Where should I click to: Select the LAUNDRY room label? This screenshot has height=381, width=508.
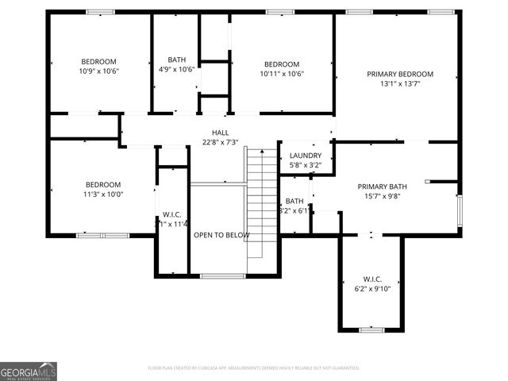click(x=306, y=156)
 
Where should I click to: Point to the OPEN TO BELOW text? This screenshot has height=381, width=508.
click(x=222, y=235)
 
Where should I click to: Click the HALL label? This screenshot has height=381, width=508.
click(x=220, y=133)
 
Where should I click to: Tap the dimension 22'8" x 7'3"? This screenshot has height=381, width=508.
click(x=220, y=143)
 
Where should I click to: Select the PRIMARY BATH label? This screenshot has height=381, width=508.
click(x=381, y=187)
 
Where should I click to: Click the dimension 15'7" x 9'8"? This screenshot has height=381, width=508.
click(x=381, y=197)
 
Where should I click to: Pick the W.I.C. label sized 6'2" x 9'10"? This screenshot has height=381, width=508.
click(x=372, y=279)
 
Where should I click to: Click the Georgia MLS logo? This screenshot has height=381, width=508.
click(x=29, y=371)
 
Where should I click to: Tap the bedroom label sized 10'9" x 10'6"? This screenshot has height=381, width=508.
click(x=99, y=61)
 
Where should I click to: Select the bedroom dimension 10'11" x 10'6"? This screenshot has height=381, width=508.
click(x=282, y=74)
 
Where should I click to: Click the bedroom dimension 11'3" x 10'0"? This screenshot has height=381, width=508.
click(x=103, y=194)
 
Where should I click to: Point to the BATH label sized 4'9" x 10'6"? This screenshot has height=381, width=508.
click(x=176, y=60)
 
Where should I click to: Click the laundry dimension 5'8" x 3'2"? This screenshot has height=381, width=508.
click(x=306, y=165)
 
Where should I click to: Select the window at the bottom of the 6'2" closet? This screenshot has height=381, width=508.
click(x=371, y=329)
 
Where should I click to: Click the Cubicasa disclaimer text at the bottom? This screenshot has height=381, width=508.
click(x=254, y=368)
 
